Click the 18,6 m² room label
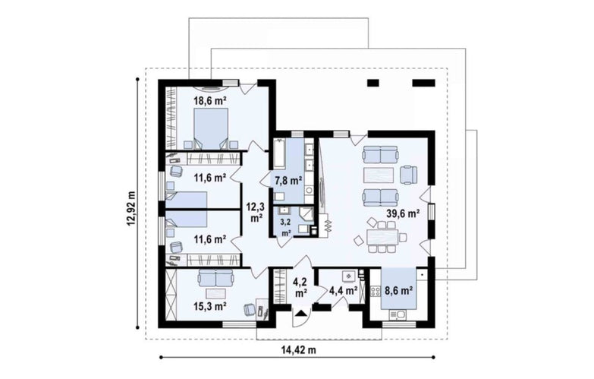tap(210, 100)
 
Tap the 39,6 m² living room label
tap(403, 213)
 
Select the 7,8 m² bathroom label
tap(288, 181)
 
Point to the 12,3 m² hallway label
tap(256, 213)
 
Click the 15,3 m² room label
tap(210, 306)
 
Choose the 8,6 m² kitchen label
tap(398, 291)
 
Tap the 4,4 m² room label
tap(344, 291)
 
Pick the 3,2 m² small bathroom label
tap(286, 227)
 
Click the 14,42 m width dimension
tap(298, 350)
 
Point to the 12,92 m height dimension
tap(131, 208)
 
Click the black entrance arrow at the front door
tap(301, 314)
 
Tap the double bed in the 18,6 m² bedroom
tap(211, 128)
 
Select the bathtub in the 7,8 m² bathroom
tap(280, 153)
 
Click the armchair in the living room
tap(408, 175)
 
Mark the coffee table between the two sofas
tap(379, 175)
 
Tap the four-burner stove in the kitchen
tap(376, 292)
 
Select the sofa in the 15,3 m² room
tap(215, 278)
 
